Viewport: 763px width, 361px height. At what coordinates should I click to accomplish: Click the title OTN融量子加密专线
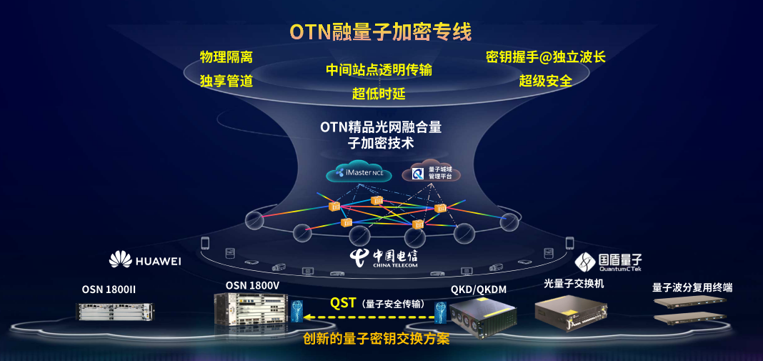380,32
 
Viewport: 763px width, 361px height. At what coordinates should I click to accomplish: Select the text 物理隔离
226,57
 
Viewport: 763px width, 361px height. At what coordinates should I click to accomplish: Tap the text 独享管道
226,81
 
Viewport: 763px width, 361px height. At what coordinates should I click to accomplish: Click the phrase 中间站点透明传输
379,69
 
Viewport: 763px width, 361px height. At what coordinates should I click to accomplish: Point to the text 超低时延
379,94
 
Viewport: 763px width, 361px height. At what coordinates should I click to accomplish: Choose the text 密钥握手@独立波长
545,57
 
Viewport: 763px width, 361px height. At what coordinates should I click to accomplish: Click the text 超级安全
545,81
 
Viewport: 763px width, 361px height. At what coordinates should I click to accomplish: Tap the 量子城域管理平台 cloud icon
432,172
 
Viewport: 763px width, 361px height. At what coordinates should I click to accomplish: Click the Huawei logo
145,260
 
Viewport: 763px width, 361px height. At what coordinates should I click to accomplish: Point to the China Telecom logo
384,259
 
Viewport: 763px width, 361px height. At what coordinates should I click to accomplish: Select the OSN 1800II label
109,290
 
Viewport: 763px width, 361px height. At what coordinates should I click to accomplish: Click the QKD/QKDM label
478,290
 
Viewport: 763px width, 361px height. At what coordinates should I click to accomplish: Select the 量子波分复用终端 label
692,287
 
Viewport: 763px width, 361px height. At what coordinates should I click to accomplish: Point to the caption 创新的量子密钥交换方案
376,338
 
